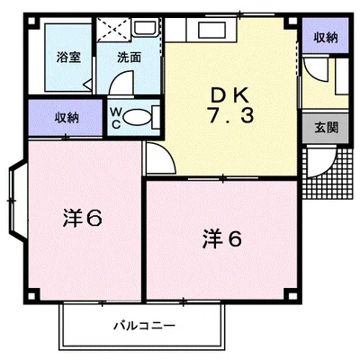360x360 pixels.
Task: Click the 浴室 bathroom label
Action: pyautogui.click(x=68, y=57)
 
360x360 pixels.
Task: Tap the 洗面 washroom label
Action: pyautogui.click(x=129, y=57)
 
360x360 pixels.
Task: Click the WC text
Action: pyautogui.click(x=116, y=118)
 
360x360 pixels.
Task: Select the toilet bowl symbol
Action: pyautogui.click(x=136, y=117)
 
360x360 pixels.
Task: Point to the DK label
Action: pyautogui.click(x=229, y=95)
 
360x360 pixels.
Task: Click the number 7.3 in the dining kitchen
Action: pyautogui.click(x=230, y=115)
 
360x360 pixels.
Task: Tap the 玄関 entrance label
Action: pyautogui.click(x=327, y=128)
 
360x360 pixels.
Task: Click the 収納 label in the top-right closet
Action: pyautogui.click(x=326, y=38)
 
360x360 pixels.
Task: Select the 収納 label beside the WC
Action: pyautogui.click(x=67, y=118)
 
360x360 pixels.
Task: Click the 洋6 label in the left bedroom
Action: pyautogui.click(x=83, y=218)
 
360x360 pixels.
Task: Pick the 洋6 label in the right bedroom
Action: pyautogui.click(x=222, y=239)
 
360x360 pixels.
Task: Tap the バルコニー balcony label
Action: pyautogui.click(x=144, y=326)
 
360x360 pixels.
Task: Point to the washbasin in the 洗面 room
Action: pyautogui.click(x=146, y=28)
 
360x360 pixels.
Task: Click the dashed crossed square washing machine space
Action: pyautogui.click(x=114, y=29)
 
